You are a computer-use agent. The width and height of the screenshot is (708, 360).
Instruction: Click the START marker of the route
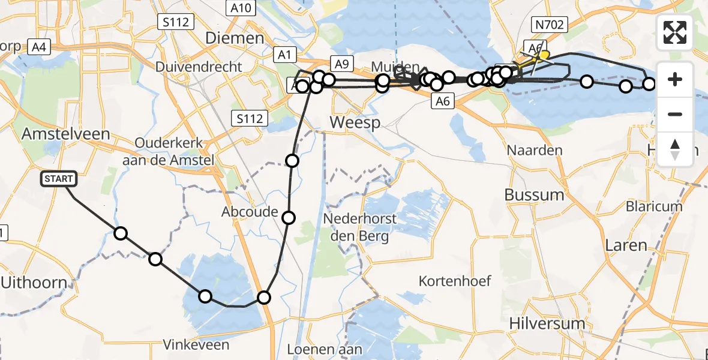[59, 178]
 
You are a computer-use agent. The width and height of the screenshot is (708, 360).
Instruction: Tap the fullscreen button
[675, 32]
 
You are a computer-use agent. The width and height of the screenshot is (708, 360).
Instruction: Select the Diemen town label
[235, 38]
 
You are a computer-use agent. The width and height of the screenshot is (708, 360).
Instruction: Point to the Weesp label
[355, 123]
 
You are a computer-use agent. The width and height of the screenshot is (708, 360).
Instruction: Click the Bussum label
[534, 194]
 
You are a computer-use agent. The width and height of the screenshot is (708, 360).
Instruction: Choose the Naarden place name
[535, 149]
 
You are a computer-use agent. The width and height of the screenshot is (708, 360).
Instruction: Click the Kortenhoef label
[455, 280]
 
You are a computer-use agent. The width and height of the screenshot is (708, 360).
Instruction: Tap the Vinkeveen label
[196, 344]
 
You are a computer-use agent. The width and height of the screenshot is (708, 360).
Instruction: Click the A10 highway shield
[241, 8]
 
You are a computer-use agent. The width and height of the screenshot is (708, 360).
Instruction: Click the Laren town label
[626, 245]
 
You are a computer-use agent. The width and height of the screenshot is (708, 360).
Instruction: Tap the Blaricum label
[654, 206]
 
